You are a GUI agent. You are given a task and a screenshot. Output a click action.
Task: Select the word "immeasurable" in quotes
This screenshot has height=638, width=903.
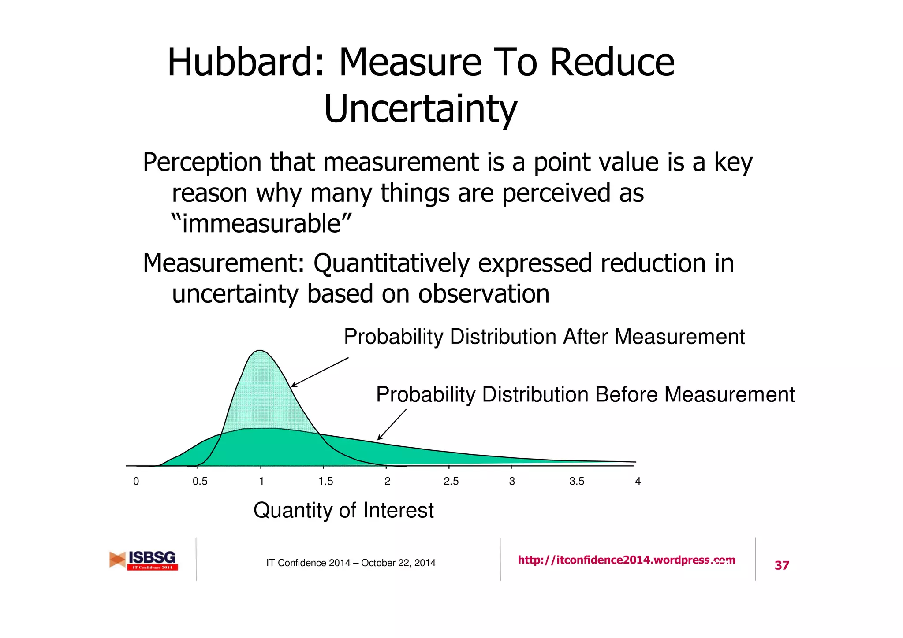(261, 223)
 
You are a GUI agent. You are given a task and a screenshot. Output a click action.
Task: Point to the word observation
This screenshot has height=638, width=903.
(484, 294)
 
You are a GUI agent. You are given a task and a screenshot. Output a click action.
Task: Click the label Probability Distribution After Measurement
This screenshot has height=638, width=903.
(544, 337)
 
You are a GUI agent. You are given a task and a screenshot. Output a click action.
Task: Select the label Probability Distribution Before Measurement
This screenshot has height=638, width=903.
(585, 394)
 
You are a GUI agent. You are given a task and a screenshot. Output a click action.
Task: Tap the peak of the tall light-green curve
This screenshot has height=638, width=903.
(261, 351)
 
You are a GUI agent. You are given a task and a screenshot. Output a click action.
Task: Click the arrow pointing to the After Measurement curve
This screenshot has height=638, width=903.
(319, 372)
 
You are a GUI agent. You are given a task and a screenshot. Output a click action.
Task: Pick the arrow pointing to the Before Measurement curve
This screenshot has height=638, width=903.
(392, 425)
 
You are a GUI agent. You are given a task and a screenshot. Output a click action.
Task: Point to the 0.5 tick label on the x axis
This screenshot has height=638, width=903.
(200, 482)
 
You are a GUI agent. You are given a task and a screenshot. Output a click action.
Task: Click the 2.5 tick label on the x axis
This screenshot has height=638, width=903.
(451, 482)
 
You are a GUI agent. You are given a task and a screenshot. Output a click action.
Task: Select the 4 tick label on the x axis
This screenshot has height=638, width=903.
(638, 482)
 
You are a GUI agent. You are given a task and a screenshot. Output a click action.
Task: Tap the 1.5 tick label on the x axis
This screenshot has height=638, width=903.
(325, 482)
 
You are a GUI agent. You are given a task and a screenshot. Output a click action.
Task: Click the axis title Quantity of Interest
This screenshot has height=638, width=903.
(343, 511)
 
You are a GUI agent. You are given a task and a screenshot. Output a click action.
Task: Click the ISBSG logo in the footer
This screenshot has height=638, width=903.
(144, 560)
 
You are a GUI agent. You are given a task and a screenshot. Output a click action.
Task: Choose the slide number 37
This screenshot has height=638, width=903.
(782, 565)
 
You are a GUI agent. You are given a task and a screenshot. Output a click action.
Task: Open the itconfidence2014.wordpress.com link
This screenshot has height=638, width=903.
(626, 560)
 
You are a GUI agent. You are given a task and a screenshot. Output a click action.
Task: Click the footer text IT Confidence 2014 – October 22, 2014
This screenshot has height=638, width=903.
(351, 563)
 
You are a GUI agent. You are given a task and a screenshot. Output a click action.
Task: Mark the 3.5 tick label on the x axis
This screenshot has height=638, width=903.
(576, 482)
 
